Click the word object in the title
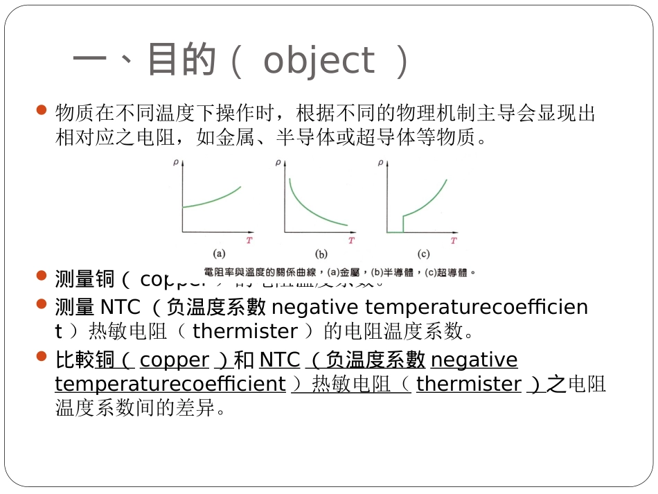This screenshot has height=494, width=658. tap(319, 61)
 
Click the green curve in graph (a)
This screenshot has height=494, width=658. tap(211, 200)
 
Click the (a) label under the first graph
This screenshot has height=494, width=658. tap(218, 254)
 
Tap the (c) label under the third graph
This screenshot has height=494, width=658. tap(423, 254)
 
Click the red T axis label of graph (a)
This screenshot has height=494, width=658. tap(248, 240)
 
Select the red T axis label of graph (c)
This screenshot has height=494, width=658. tap(454, 240)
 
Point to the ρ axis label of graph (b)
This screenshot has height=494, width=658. tap(278, 164)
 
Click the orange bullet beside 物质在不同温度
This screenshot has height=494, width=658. tap(41, 110)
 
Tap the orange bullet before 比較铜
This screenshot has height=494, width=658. tap(41, 357)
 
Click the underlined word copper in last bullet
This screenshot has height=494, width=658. tap(175, 360)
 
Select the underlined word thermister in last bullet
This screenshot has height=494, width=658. tap(469, 384)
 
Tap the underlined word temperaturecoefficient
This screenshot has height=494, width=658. tap(170, 384)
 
